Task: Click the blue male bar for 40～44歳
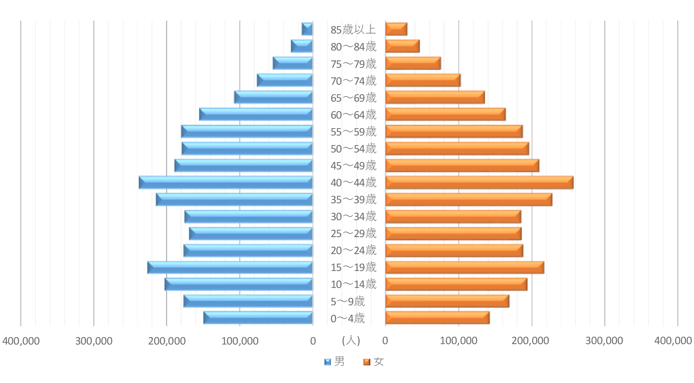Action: [x=225, y=182]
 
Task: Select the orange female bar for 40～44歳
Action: [x=479, y=182]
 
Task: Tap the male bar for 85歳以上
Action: [x=307, y=29]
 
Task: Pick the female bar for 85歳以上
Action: [x=396, y=29]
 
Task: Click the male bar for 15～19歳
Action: [x=230, y=268]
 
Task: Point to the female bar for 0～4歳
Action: [x=437, y=318]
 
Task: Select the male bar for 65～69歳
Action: [x=273, y=97]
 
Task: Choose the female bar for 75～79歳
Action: [x=413, y=64]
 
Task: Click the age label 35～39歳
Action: [x=353, y=199]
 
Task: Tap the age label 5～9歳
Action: [x=348, y=301]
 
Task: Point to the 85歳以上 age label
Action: [x=353, y=30]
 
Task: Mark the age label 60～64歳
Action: [x=353, y=115]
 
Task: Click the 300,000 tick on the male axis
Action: [x=94, y=341]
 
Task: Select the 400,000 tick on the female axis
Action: [x=673, y=341]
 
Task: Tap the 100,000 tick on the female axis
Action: [x=459, y=341]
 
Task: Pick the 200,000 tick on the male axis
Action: [x=167, y=341]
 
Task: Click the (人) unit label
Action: [x=351, y=340]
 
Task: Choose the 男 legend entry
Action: [x=335, y=361]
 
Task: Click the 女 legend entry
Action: [x=374, y=361]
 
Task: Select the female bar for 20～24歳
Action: [x=454, y=251]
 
